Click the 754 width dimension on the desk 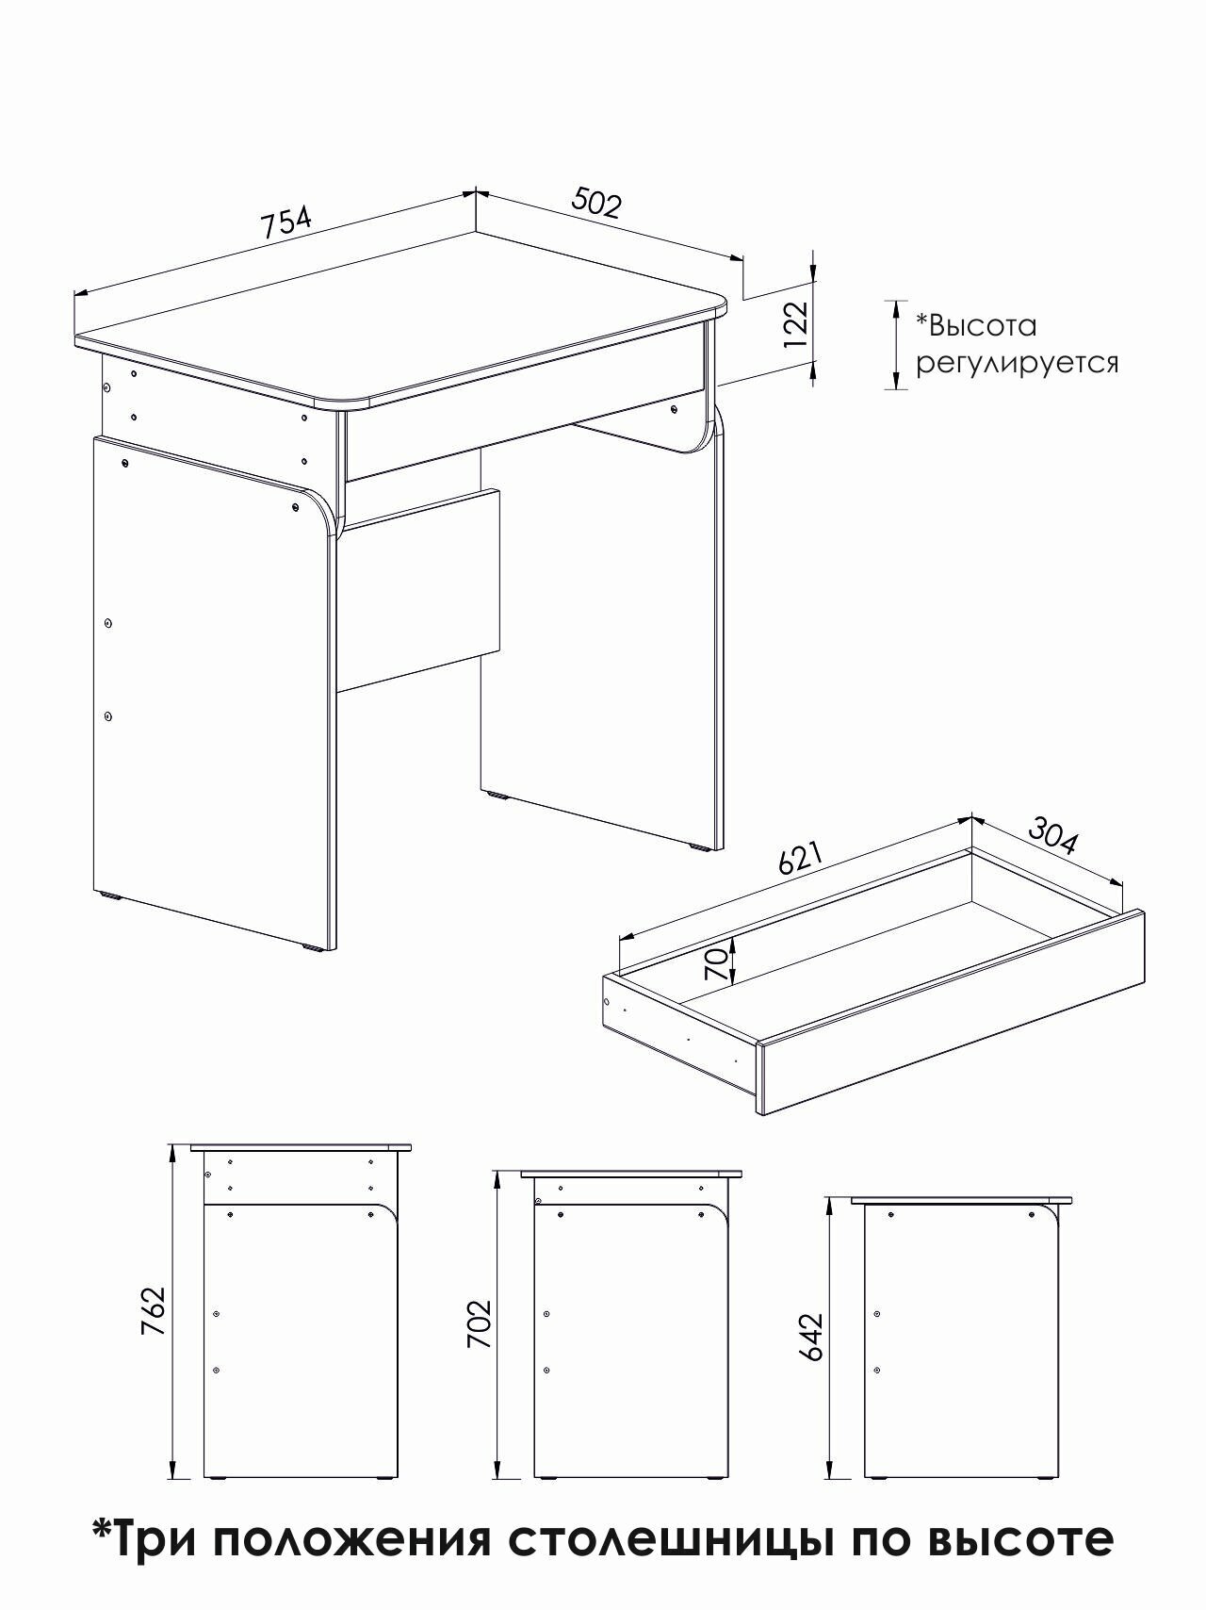pyautogui.click(x=285, y=222)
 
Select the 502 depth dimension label pyautogui.click(x=597, y=203)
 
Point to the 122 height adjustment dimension pyautogui.click(x=796, y=325)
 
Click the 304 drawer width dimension pyautogui.click(x=1051, y=837)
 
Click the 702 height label pyautogui.click(x=480, y=1324)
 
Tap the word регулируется pyautogui.click(x=1018, y=363)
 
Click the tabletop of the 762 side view pyautogui.click(x=301, y=1147)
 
